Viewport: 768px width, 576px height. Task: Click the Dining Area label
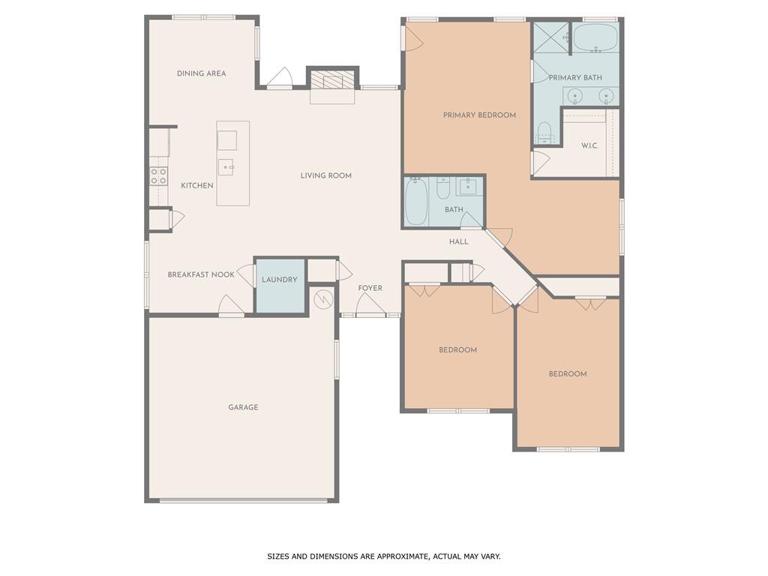click(x=201, y=73)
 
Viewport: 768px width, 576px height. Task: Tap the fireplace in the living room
click(x=331, y=79)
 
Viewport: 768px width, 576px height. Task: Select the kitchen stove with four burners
click(x=158, y=176)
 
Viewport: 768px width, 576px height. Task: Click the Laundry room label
click(x=280, y=280)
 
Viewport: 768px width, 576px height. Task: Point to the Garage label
click(x=243, y=407)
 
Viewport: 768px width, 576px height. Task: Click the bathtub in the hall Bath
click(x=415, y=201)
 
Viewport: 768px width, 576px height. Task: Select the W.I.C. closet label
click(x=589, y=145)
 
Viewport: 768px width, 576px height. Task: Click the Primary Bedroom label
click(x=479, y=115)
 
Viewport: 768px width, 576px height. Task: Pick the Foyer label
click(x=370, y=288)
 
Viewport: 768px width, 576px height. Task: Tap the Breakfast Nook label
click(x=201, y=274)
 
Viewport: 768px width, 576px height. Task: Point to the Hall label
click(x=458, y=241)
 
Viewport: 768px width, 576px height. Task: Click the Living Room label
click(x=326, y=175)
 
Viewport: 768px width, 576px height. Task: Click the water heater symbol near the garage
click(x=322, y=299)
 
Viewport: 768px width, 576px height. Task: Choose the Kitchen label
click(x=197, y=185)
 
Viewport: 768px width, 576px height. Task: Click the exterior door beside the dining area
click(x=280, y=79)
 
